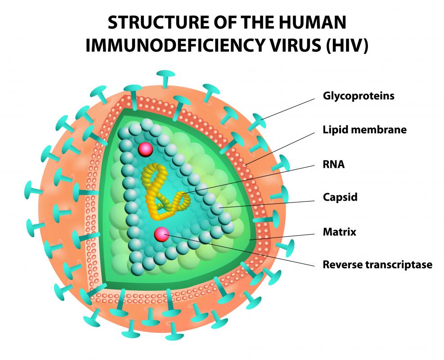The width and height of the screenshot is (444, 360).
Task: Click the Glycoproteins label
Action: click(359, 96)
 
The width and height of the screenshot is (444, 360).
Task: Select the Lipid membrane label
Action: click(365, 130)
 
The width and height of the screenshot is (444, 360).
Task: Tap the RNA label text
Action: click(333, 164)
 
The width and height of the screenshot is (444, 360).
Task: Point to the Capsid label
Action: click(340, 197)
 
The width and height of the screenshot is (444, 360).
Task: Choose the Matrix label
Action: click(340, 232)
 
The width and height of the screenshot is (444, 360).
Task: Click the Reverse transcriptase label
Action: click(377, 265)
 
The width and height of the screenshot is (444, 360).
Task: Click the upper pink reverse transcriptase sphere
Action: click(146, 149)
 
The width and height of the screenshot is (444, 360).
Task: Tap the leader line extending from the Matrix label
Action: click(283, 236)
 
